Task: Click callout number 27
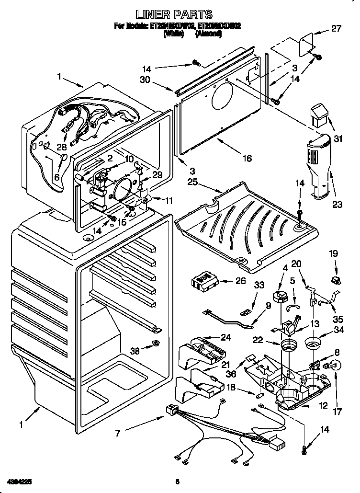click(x=337, y=29)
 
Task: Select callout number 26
click(x=241, y=281)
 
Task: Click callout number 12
click(x=324, y=406)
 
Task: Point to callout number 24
click(x=225, y=337)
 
